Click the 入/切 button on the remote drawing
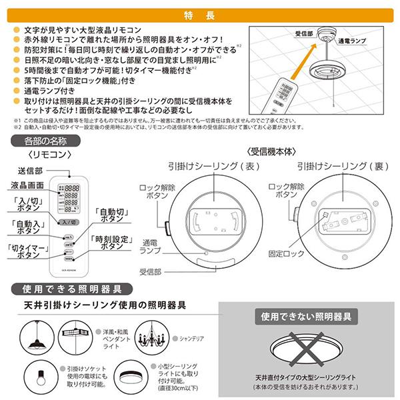(x=69, y=221)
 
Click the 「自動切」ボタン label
(x=112, y=214)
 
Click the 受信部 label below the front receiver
(x=152, y=272)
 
